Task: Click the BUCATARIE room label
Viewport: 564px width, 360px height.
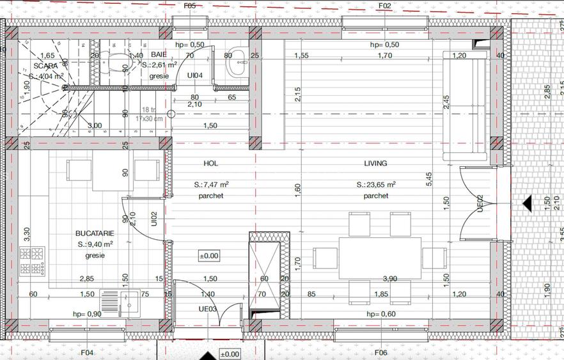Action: [x=94, y=233]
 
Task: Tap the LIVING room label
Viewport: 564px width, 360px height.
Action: [x=375, y=164]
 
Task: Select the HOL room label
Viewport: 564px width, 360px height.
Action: [x=210, y=164]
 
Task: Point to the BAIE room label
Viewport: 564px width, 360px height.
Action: [x=159, y=55]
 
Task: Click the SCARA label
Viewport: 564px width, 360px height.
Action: [x=45, y=66]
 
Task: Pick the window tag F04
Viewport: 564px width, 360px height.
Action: [x=87, y=352]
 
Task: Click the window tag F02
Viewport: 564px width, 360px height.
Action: [x=384, y=6]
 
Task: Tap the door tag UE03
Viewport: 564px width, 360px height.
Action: [x=208, y=309]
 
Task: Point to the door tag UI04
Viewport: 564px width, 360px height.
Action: [x=195, y=75]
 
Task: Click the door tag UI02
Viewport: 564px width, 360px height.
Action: [x=154, y=219]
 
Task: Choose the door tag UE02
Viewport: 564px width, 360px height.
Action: [x=479, y=203]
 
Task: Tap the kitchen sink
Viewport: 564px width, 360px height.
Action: [x=120, y=304]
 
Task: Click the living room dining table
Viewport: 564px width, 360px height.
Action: [x=380, y=258]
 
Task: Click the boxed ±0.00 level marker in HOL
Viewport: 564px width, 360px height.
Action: [x=209, y=256]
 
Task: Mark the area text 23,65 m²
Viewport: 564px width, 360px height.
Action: [x=376, y=185]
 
